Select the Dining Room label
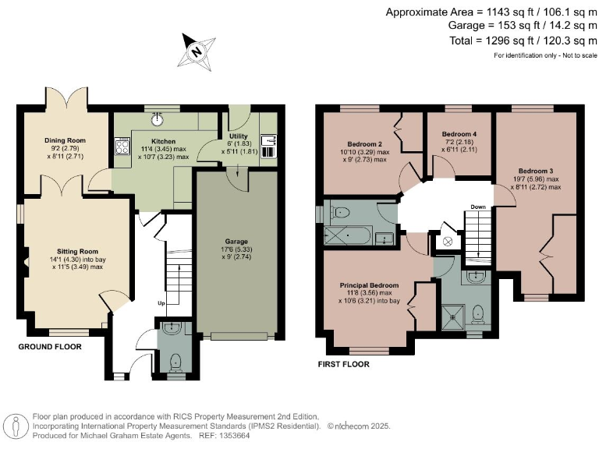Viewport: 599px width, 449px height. [64, 140]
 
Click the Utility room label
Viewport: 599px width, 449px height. [238, 136]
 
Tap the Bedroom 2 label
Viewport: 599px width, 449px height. [364, 144]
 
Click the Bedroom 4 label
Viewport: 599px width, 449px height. [458, 133]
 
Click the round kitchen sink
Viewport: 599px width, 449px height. [158, 119]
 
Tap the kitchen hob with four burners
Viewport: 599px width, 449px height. [122, 147]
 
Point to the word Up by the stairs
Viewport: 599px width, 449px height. [161, 303]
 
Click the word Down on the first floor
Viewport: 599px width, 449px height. [478, 207]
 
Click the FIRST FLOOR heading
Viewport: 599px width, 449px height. [343, 364]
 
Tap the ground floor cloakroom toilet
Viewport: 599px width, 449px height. [176, 360]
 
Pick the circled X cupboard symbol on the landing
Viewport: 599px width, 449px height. [448, 242]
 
